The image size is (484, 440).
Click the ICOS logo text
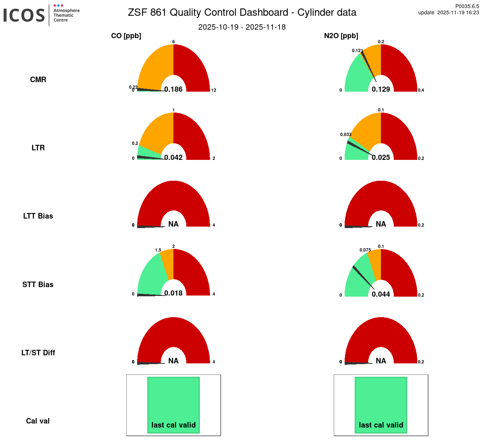pyautogui.click(x=24, y=15)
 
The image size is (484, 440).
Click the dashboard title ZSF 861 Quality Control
pyautogui.click(x=242, y=12)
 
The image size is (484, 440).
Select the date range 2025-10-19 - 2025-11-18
pyautogui.click(x=242, y=27)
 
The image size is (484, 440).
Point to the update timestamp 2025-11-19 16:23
pyautogui.click(x=458, y=12)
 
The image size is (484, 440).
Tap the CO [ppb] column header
pyautogui.click(x=126, y=36)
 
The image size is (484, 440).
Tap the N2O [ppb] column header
pyautogui.click(x=341, y=36)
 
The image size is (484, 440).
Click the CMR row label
pyautogui.click(x=38, y=80)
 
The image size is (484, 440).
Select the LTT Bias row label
pyautogui.click(x=38, y=216)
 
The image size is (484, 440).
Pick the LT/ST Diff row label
pyautogui.click(x=38, y=353)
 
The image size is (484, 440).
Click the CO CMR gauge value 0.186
pyautogui.click(x=173, y=89)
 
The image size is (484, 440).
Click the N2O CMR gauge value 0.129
pyautogui.click(x=381, y=89)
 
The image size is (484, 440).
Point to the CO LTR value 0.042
pyautogui.click(x=173, y=157)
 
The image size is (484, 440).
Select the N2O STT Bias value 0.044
pyautogui.click(x=381, y=294)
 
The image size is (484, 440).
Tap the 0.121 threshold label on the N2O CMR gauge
pyautogui.click(x=357, y=51)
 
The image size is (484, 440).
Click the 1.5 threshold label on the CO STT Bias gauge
pyautogui.click(x=158, y=250)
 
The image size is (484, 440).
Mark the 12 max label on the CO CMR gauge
pyautogui.click(x=214, y=90)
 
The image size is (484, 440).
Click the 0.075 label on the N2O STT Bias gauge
pyautogui.click(x=365, y=250)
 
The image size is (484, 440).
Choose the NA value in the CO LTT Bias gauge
pyautogui.click(x=173, y=224)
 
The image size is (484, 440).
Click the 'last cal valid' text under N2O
pyautogui.click(x=381, y=425)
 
